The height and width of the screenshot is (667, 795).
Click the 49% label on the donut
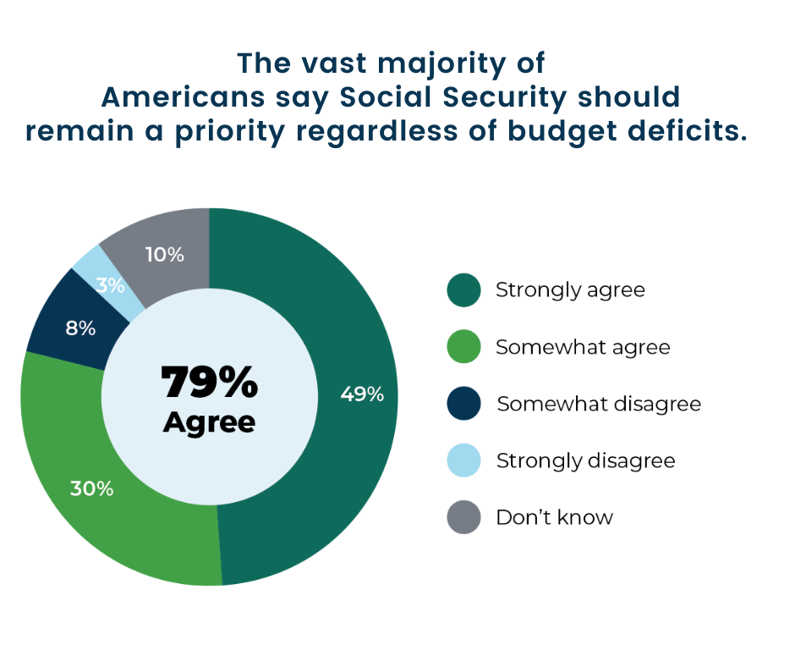coord(362,394)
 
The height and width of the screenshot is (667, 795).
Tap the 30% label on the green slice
coord(92,488)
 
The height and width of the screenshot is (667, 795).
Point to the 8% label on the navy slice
coord(81,328)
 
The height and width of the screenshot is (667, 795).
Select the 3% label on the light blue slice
coord(111,285)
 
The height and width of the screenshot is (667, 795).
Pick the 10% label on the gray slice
coord(165,254)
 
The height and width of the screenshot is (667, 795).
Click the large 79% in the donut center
coord(209,383)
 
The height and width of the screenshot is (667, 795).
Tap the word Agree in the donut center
coord(209,422)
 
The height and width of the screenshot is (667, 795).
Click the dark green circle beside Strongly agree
coord(463,290)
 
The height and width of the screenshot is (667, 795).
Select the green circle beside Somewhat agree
coord(463,347)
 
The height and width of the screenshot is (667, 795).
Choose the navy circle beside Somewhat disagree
coord(463,404)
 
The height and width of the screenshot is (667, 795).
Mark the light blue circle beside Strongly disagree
coord(463,460)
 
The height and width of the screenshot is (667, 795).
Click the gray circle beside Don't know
coord(463,517)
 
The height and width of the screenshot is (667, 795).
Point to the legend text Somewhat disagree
coord(599,404)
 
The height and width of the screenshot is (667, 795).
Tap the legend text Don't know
coord(554,517)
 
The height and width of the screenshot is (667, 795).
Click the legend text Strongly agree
coord(570,290)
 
